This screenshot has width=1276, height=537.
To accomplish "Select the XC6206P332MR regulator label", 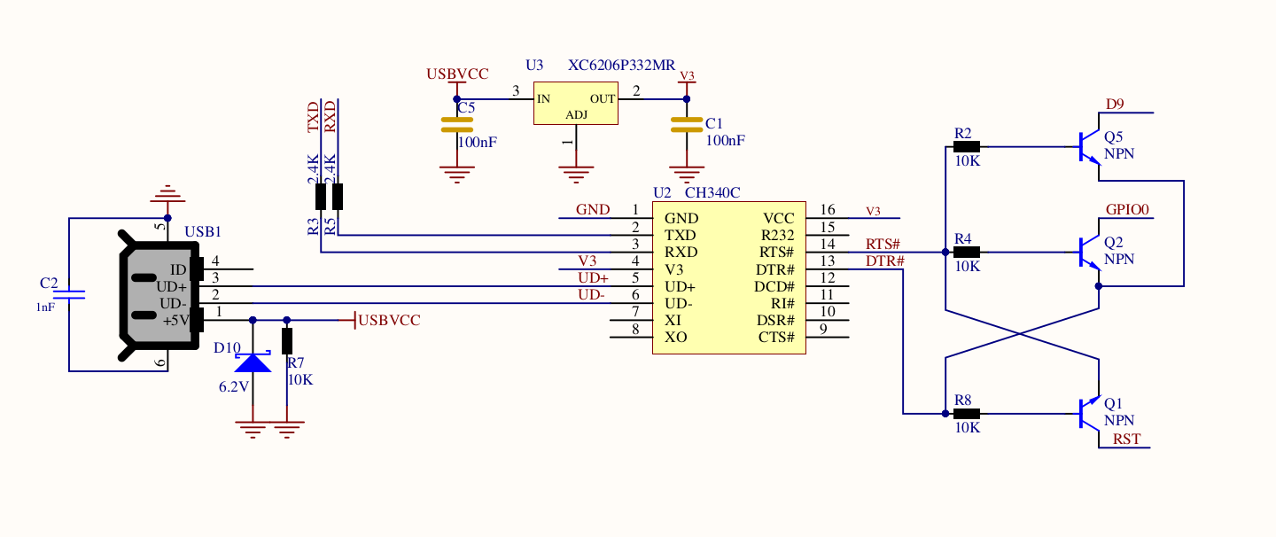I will [621, 66].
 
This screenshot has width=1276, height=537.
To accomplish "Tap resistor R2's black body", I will [967, 147].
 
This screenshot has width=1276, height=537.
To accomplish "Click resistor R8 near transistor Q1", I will [967, 413].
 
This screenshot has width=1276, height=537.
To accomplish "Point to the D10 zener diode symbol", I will [253, 362].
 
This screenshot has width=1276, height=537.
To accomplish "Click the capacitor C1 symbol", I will [686, 125].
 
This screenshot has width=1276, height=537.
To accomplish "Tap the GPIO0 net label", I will [1127, 210].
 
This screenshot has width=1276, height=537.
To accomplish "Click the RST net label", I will [1127, 439].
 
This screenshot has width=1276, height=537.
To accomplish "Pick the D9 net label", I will [1115, 105].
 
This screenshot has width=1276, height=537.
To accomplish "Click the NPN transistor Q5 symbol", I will [1089, 147].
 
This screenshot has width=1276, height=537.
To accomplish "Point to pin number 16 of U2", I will [828, 210].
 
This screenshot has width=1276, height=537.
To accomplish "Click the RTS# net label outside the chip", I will [883, 244].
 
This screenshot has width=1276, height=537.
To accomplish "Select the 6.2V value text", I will [234, 387].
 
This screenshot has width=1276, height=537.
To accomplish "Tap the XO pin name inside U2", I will [675, 338].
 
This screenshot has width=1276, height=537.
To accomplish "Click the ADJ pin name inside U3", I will [576, 115].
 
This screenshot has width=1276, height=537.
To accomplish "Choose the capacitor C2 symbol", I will [69, 293].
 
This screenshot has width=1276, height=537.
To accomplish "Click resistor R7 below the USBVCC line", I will [286, 341].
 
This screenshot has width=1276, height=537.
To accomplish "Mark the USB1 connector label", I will [202, 232].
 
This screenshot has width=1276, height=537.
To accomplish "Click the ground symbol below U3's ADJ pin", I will [575, 172].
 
